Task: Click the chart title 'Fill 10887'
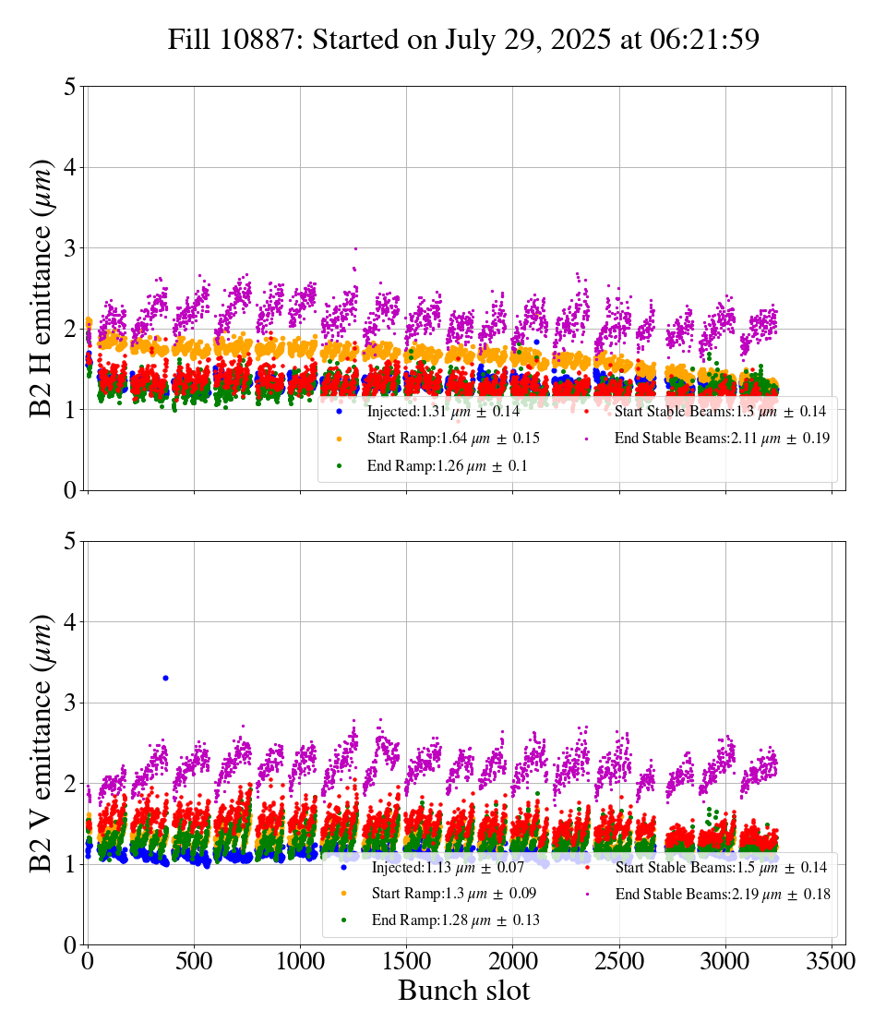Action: (463, 40)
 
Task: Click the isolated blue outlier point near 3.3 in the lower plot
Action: (165, 678)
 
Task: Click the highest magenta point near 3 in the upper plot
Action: (355, 248)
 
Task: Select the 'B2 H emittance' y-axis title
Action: (42, 288)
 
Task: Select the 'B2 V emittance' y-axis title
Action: (42, 742)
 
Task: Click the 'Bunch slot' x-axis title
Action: (463, 991)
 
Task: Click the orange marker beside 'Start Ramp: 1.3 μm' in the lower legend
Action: (343, 894)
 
